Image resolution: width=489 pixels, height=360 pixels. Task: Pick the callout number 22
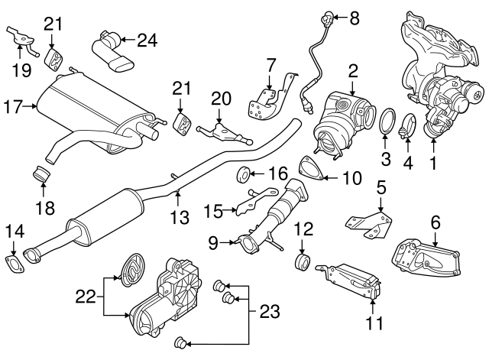86,293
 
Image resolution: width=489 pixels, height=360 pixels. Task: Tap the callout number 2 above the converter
352,72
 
